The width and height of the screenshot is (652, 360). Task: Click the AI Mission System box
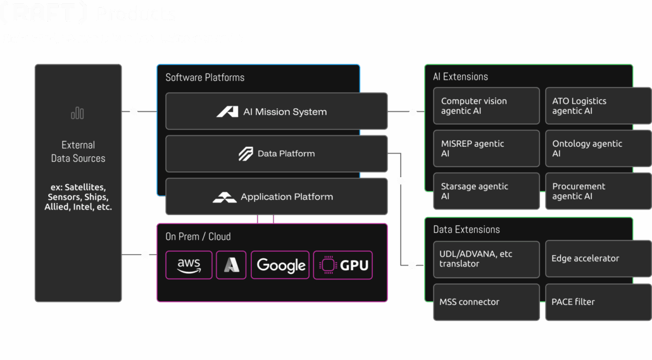click(x=276, y=111)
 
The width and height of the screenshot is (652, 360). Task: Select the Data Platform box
click(x=276, y=154)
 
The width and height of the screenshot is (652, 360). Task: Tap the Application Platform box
click(x=276, y=197)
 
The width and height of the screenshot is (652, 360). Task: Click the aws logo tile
click(x=189, y=265)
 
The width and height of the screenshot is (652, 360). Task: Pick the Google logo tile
click(x=280, y=265)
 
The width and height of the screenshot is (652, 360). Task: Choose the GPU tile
click(x=343, y=265)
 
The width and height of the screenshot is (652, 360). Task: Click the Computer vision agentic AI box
click(x=486, y=106)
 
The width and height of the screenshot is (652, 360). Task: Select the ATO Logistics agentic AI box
click(x=598, y=106)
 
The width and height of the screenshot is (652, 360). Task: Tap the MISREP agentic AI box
click(x=486, y=149)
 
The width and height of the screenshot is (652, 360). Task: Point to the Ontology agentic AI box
click(x=598, y=149)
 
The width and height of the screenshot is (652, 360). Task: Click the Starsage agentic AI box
click(x=486, y=191)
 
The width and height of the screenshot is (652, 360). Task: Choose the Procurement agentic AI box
click(x=598, y=191)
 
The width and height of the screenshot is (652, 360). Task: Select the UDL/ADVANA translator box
click(x=486, y=259)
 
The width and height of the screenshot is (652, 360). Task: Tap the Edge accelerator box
click(x=598, y=259)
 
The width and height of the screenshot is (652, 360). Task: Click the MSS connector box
click(x=486, y=302)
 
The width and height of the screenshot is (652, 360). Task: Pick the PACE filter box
click(x=598, y=302)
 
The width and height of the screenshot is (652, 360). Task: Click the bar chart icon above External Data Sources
click(x=78, y=113)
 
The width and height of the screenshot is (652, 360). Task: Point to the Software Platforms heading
click(x=204, y=77)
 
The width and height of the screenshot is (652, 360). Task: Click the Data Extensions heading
click(x=466, y=230)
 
